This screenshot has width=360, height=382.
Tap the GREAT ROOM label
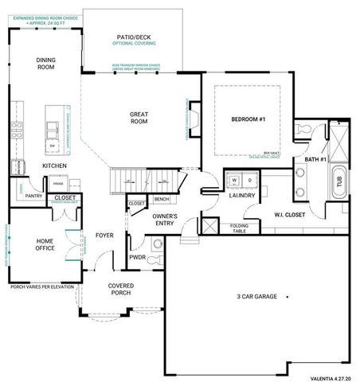click(x=139, y=119)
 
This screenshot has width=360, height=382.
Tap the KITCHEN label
click(x=54, y=166)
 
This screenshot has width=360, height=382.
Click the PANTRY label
click(x=33, y=195)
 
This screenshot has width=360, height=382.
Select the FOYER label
click(x=104, y=235)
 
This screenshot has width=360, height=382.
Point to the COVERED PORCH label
click(x=121, y=289)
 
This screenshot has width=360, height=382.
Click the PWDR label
click(x=136, y=257)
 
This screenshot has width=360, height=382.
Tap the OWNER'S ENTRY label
click(x=165, y=219)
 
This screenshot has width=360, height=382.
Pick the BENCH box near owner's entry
click(x=161, y=198)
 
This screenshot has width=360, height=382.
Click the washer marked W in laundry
click(x=236, y=181)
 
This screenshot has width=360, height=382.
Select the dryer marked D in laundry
click(x=248, y=181)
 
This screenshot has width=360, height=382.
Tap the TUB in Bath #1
click(x=339, y=181)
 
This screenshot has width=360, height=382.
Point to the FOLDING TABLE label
click(x=240, y=228)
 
